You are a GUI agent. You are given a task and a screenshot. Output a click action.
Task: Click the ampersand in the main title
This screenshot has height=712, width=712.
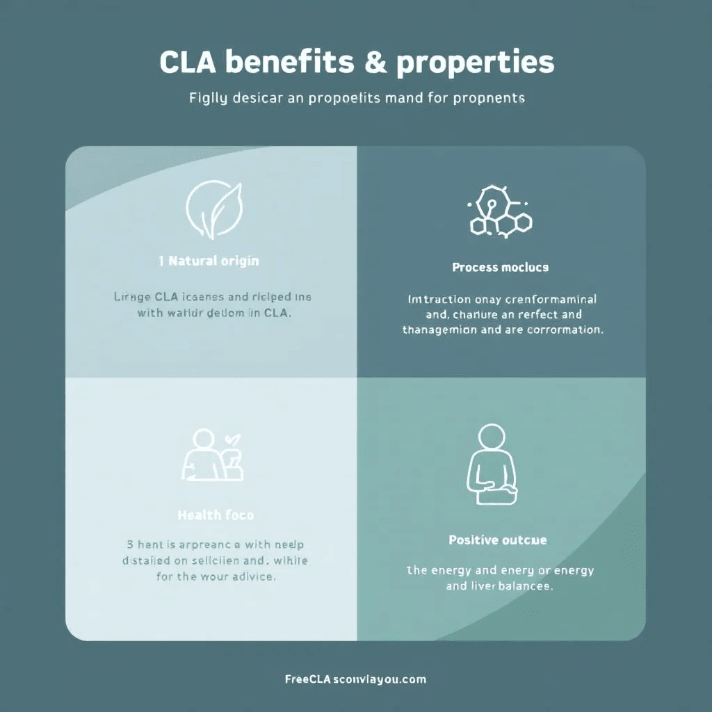(x=375, y=63)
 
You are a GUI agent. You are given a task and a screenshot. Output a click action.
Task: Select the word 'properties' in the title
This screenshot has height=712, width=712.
(x=476, y=63)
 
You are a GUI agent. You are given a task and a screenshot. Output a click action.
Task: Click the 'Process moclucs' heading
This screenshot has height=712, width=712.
(x=500, y=267)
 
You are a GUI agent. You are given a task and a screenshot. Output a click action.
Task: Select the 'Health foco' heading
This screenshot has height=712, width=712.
(x=216, y=515)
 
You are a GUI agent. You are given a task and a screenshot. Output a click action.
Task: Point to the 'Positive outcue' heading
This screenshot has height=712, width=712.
(x=497, y=540)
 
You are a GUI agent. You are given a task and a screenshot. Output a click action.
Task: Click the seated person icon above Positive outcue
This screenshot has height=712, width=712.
(x=492, y=466)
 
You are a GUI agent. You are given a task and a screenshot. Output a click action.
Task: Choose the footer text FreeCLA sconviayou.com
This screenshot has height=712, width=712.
(x=355, y=679)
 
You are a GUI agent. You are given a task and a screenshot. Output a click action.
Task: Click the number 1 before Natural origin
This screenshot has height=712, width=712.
(x=161, y=261)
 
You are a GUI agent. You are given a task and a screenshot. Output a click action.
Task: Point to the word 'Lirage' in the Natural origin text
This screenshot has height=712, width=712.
(x=131, y=297)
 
